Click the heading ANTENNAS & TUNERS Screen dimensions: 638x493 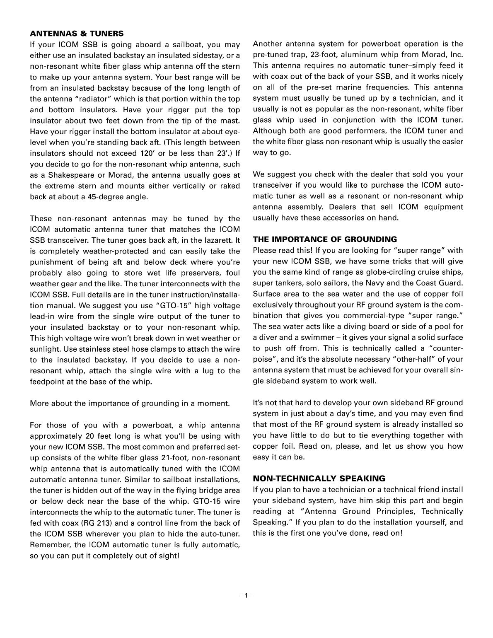[x=77, y=33]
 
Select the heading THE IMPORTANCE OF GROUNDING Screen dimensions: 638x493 [x=325, y=239]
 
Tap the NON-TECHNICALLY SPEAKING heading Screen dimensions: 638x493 [x=319, y=479]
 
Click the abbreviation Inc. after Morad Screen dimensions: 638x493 [x=457, y=55]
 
